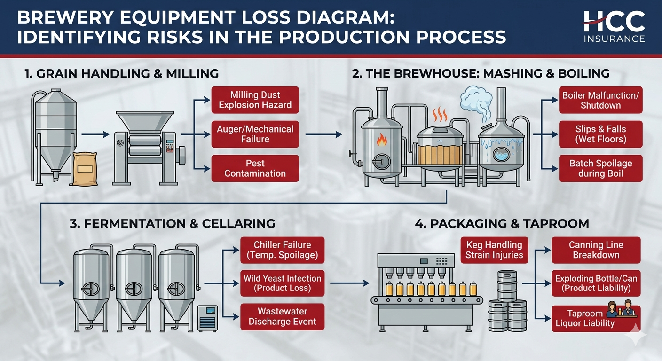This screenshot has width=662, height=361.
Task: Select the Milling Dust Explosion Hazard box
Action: point(255,100)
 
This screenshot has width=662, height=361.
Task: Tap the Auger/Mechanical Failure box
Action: point(255,134)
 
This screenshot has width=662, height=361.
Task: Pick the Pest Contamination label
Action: point(255,168)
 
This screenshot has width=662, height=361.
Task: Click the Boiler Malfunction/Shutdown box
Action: point(600,100)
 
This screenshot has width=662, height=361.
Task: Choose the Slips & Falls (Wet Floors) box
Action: point(600,134)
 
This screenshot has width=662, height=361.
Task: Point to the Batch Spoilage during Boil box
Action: point(600,168)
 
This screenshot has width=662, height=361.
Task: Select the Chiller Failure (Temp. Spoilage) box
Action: point(282,250)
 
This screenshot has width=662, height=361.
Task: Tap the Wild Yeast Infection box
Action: point(282,283)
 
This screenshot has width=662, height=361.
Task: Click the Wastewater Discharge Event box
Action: point(282,316)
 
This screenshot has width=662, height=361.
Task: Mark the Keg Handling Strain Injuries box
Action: point(494,250)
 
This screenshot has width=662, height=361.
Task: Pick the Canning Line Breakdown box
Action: point(596,250)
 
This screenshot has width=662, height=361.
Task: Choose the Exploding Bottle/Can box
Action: point(596,283)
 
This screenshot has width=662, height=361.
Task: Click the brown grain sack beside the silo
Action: point(85,169)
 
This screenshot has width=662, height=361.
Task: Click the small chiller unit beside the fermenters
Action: point(207,318)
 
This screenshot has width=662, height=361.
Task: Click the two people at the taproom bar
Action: point(620,308)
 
